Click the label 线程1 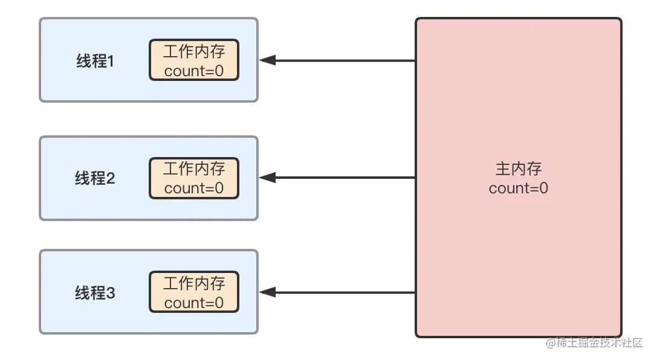tap(95, 61)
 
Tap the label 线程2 tap(95, 179)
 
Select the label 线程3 tap(95, 294)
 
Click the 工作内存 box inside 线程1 tap(194, 60)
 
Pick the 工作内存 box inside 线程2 tap(194, 178)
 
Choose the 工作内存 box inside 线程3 tap(194, 292)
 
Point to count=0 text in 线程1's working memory tap(194, 71)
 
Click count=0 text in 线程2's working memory tap(194, 188)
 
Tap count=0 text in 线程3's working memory tap(194, 303)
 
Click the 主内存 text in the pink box tap(518, 169)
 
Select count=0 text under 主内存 tap(518, 188)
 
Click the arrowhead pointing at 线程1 tap(268, 60)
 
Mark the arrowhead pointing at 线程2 tap(268, 178)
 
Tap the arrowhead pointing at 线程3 tap(268, 292)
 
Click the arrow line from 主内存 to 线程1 tap(345, 60)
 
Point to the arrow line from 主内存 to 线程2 tap(345, 178)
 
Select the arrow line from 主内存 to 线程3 tap(345, 292)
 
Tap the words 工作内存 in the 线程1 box tap(194, 51)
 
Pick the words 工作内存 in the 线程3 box tap(194, 283)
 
